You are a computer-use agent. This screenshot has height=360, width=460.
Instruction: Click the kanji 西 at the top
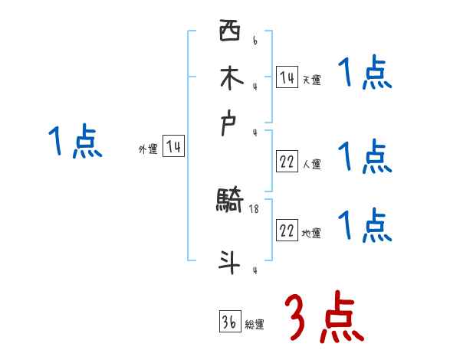(229, 32)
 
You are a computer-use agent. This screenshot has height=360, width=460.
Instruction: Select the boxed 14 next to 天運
(287, 77)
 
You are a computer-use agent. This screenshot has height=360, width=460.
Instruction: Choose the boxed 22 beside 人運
(287, 161)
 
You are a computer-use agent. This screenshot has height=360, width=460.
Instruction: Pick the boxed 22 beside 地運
(287, 231)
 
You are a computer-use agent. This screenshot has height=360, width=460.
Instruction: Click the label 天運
(311, 80)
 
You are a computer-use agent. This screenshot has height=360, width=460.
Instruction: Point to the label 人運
(311, 164)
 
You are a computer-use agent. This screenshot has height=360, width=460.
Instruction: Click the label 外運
(148, 150)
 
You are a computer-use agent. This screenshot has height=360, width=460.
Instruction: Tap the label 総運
(255, 325)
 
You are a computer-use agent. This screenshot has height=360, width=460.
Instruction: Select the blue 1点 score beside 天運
(364, 75)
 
